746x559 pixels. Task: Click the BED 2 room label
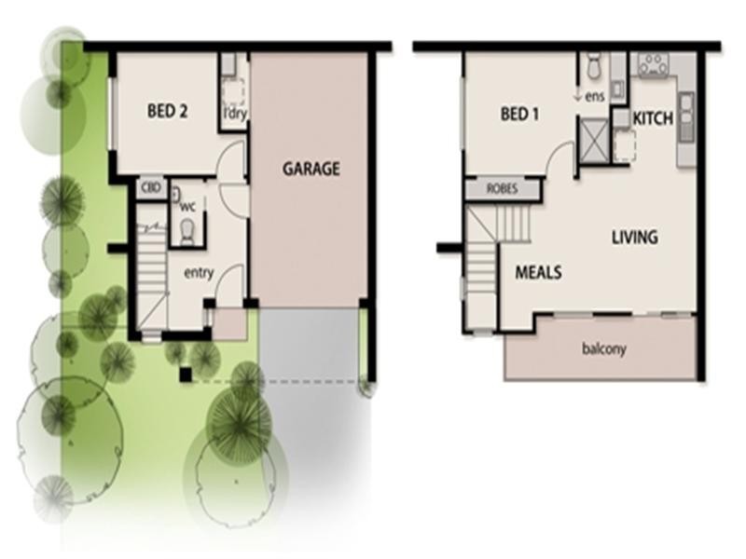168,111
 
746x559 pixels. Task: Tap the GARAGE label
311,169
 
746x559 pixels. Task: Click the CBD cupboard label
151,188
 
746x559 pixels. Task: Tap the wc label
187,206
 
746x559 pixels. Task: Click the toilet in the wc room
186,230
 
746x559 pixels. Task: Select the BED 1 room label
520,115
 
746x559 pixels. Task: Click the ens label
595,95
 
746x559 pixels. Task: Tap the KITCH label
654,119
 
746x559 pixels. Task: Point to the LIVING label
634,237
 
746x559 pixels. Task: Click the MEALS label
538,273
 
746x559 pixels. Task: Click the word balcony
603,350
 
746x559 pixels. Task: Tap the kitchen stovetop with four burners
653,64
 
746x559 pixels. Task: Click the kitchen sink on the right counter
686,116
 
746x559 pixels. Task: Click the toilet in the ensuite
593,67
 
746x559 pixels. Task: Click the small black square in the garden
186,375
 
